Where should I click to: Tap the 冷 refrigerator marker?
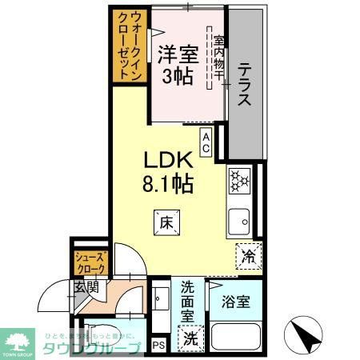pos(249,258)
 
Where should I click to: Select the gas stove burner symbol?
pos(239,182)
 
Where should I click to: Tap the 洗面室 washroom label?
pos(190,300)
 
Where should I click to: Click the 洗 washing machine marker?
pos(190,338)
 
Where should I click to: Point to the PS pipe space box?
pos(158,346)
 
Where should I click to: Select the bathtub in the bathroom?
pos(235,338)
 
